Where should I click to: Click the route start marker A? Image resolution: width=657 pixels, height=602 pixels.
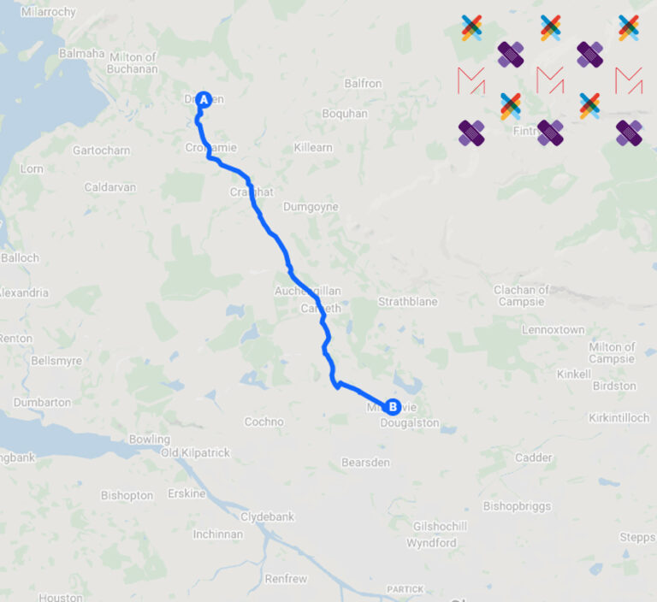[204, 99]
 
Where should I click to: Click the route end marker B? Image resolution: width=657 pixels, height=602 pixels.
[392, 407]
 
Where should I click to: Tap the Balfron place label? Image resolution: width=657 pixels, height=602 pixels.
[362, 84]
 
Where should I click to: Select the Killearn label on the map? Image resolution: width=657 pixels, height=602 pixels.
[312, 148]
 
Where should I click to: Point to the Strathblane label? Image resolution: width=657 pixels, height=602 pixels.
[408, 302]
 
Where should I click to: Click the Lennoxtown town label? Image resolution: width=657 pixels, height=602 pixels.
[553, 329]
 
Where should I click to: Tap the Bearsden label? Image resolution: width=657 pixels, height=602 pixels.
[365, 463]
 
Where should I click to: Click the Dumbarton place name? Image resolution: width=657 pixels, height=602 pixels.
[43, 402]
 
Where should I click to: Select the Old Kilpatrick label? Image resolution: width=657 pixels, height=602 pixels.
[195, 452]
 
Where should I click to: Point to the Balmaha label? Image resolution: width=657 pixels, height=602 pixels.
[81, 53]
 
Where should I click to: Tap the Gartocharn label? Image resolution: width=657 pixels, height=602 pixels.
[102, 150]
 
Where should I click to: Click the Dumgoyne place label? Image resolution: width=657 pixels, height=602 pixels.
[311, 207]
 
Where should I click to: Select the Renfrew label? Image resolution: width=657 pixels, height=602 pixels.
[286, 579]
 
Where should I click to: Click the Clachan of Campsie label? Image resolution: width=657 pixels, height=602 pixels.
[521, 296]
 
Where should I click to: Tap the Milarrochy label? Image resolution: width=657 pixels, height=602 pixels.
[49, 12]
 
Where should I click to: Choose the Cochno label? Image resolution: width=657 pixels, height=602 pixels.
[263, 422]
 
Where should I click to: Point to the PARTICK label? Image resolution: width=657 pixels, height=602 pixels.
[405, 589]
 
